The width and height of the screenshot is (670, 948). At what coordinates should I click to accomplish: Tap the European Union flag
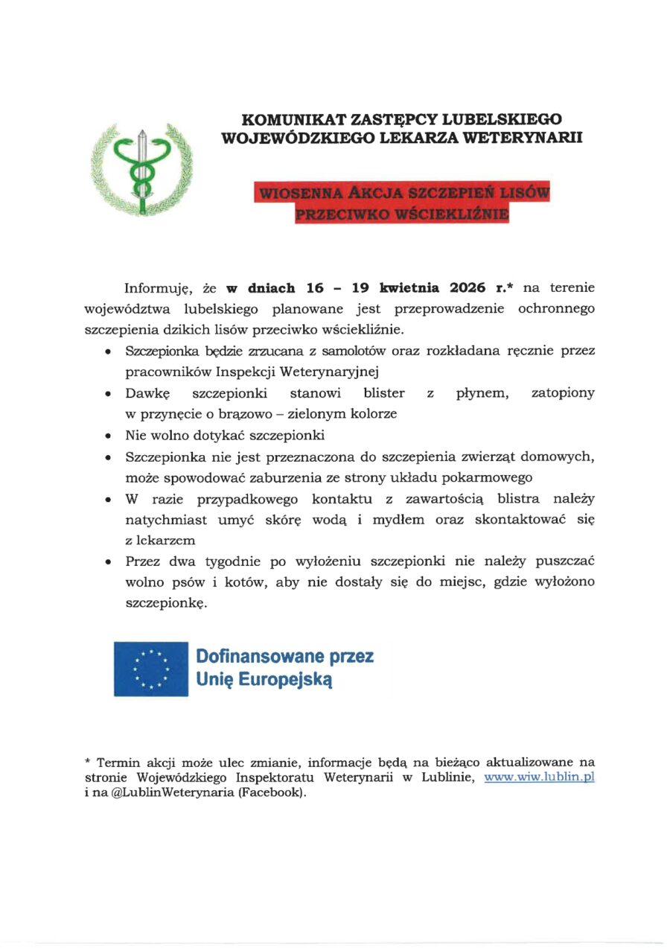151,668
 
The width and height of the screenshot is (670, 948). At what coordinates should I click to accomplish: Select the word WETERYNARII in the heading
530,137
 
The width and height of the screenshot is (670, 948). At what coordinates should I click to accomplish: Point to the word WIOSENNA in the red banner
295,194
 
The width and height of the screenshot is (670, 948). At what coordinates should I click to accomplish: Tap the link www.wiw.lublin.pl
539,777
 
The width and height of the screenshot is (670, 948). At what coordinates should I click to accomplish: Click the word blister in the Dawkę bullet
384,392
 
